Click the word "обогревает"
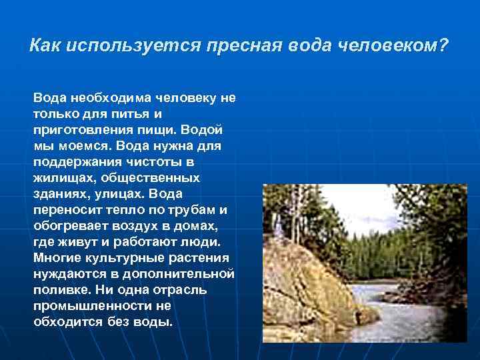[x=69, y=226]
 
